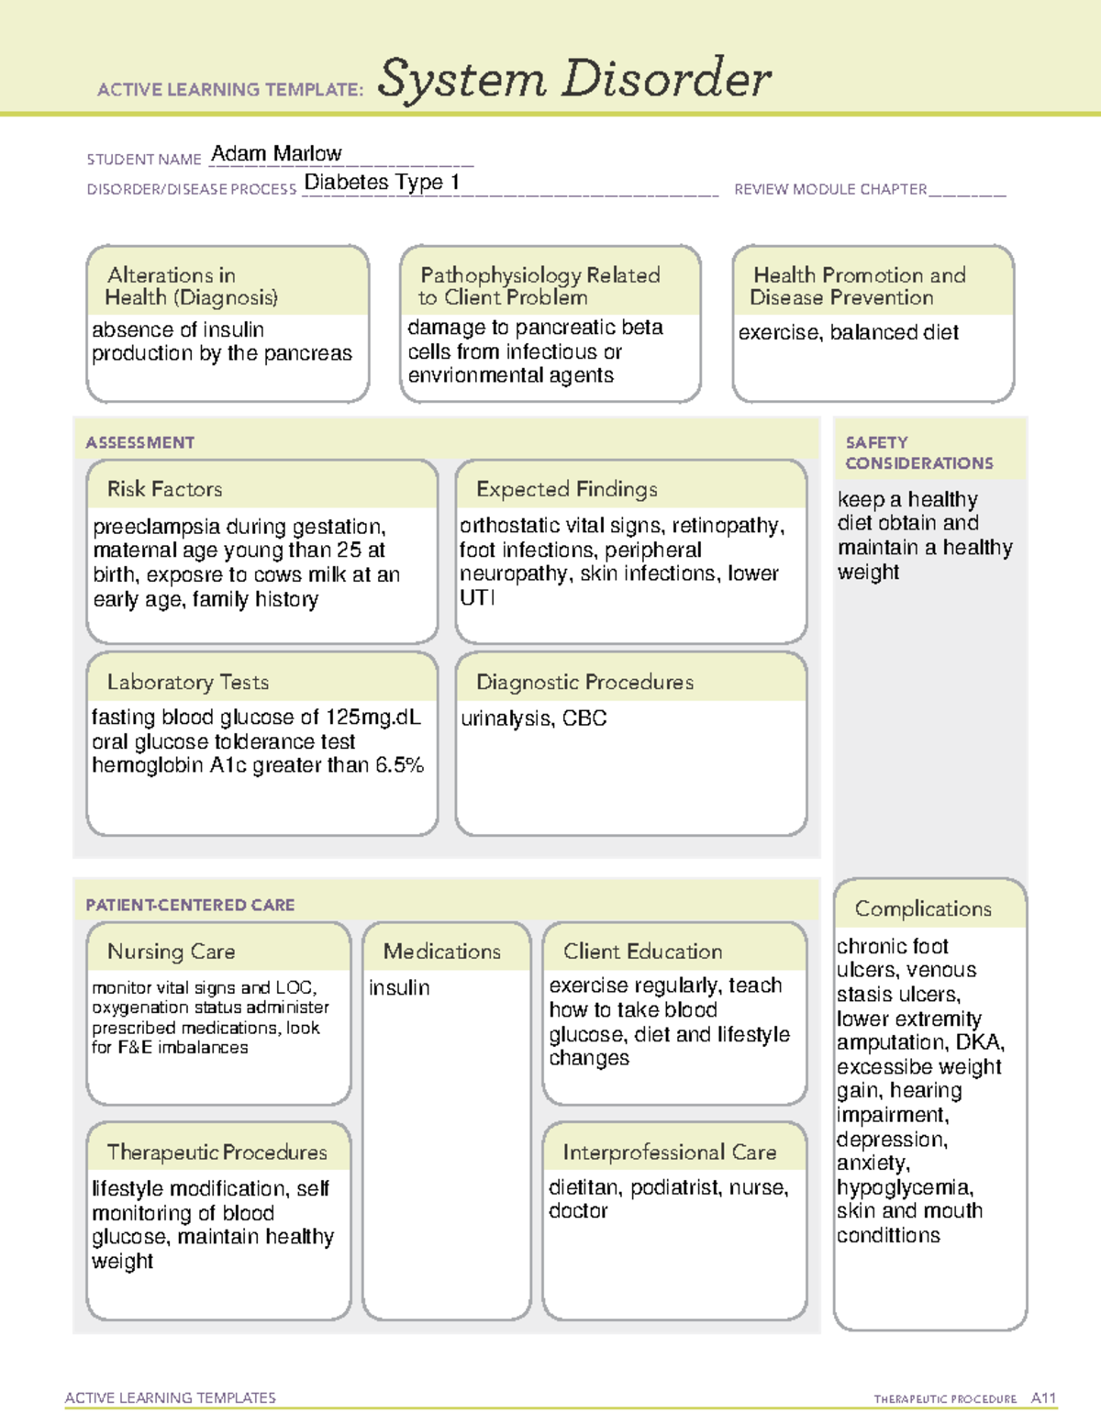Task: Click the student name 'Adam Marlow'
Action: (x=276, y=153)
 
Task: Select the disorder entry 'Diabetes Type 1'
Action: (x=381, y=182)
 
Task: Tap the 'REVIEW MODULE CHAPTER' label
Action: (x=830, y=190)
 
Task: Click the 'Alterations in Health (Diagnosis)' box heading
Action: (x=191, y=286)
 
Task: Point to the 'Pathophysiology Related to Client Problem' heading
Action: (x=539, y=286)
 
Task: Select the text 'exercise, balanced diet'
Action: (x=848, y=332)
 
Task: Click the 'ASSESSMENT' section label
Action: (x=140, y=442)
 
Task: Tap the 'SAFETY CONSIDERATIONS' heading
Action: (x=918, y=453)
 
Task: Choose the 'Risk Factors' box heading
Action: (x=164, y=489)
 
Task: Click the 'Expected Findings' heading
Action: (x=566, y=489)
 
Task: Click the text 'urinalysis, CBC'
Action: (x=533, y=718)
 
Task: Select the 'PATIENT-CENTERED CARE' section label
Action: (x=190, y=905)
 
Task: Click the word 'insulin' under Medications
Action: (x=399, y=987)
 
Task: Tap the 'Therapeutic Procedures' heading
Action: (x=217, y=1152)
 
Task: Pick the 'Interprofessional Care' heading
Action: (x=669, y=1152)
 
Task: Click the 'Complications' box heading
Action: (x=923, y=908)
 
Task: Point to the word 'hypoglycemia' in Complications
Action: (x=904, y=1187)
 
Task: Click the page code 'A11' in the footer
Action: (x=1043, y=1397)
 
